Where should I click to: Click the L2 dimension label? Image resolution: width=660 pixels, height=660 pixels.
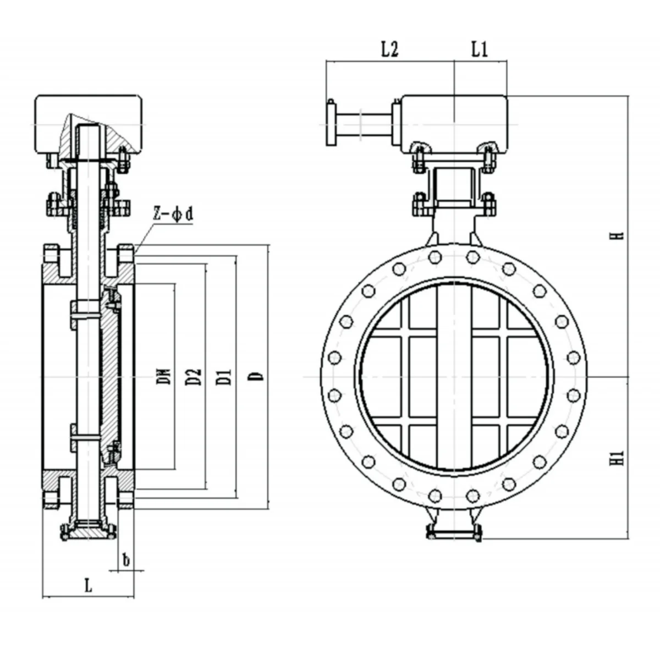pyautogui.click(x=389, y=50)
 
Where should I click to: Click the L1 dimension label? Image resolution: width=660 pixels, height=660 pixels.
pyautogui.click(x=480, y=50)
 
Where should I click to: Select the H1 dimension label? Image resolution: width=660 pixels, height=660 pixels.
pyautogui.click(x=619, y=458)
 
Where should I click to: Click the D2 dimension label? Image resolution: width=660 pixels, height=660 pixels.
pyautogui.click(x=194, y=376)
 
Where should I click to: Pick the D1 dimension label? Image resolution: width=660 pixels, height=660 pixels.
pyautogui.click(x=224, y=376)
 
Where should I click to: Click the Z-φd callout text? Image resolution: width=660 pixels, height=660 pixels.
pyautogui.click(x=173, y=215)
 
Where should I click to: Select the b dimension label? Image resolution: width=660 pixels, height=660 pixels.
pyautogui.click(x=126, y=560)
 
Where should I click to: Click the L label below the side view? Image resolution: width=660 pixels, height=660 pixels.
pyautogui.click(x=88, y=586)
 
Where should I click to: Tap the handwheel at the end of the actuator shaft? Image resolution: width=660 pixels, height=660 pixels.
pyautogui.click(x=331, y=122)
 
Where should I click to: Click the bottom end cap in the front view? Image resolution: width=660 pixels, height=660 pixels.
pyautogui.click(x=454, y=532)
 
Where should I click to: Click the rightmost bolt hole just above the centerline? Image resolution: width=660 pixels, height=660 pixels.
pyautogui.click(x=574, y=358)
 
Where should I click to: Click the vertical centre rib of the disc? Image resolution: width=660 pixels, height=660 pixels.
pyautogui.click(x=454, y=377)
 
